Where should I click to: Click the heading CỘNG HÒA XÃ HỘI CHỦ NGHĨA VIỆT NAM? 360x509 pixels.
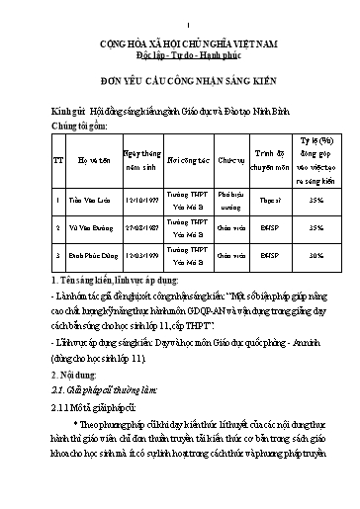pyautogui.click(x=180, y=45)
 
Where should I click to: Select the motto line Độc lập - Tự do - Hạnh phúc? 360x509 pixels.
pyautogui.click(x=180, y=57)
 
